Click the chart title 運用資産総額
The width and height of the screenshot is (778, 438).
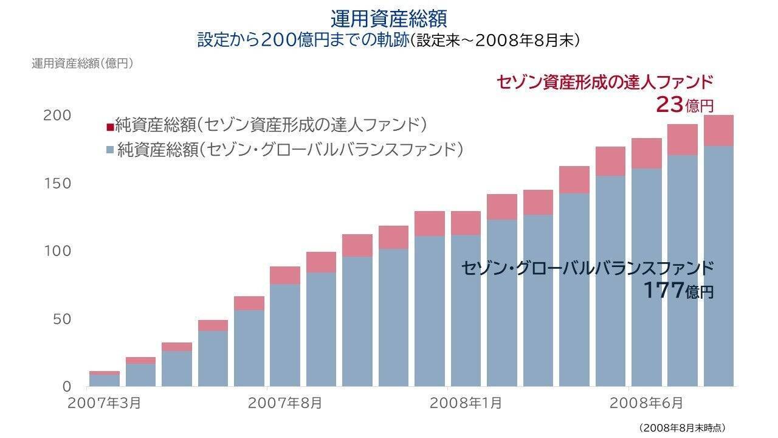click(x=389, y=18)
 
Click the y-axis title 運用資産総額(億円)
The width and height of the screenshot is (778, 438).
click(x=82, y=63)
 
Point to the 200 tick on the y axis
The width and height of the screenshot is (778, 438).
click(x=57, y=115)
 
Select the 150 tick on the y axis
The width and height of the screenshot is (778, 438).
click(x=57, y=183)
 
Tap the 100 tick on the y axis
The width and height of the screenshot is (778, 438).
click(x=57, y=251)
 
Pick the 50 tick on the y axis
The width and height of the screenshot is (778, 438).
click(x=61, y=319)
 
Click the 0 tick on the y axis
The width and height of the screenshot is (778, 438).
click(x=67, y=386)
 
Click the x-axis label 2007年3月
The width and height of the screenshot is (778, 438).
click(x=105, y=403)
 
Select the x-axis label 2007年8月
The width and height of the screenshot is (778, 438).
click(x=284, y=403)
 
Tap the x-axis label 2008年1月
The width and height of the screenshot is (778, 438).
click(x=466, y=403)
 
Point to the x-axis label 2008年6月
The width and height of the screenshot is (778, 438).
click(x=646, y=403)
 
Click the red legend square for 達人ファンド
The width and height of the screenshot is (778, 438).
click(x=109, y=127)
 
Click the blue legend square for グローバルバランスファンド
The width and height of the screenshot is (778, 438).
click(x=109, y=149)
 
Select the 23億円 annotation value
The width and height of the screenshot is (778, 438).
click(x=684, y=105)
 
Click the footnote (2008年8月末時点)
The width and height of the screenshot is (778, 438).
click(x=683, y=428)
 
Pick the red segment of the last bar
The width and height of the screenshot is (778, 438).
click(x=718, y=130)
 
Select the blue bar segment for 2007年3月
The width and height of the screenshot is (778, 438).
click(x=105, y=380)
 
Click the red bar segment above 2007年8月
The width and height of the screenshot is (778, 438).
click(x=285, y=275)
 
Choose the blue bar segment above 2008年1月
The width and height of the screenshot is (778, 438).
click(x=466, y=310)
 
